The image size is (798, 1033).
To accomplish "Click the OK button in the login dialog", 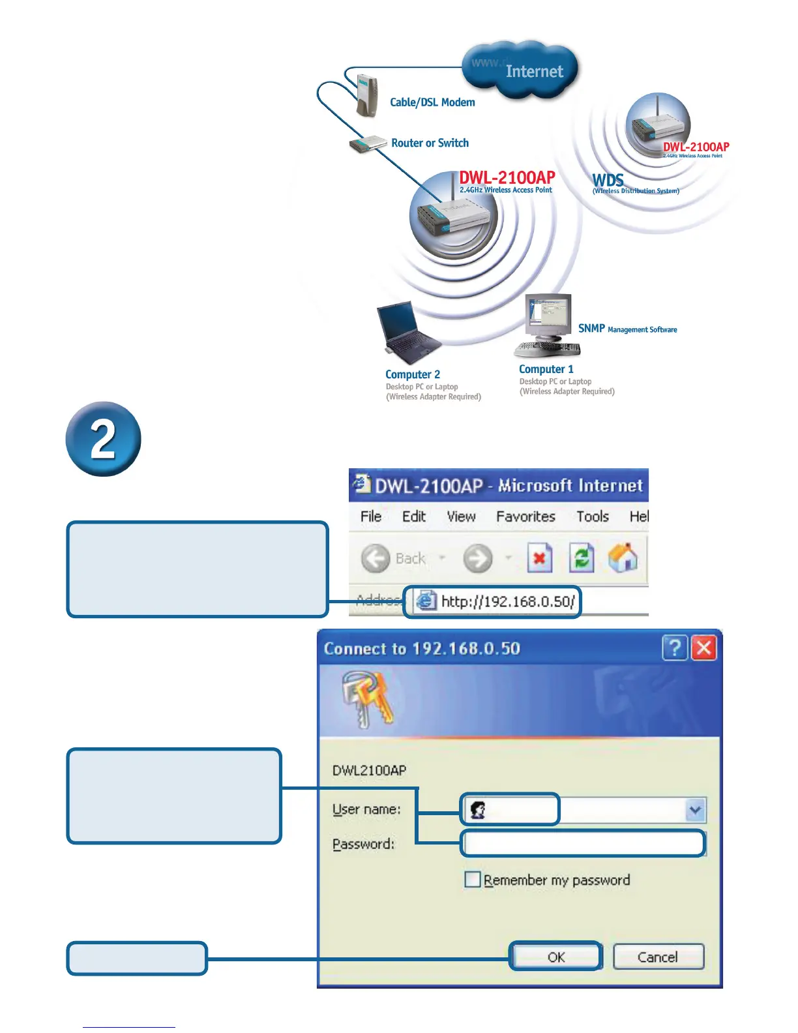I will click(x=555, y=957).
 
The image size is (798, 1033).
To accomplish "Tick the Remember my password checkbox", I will click(x=473, y=880).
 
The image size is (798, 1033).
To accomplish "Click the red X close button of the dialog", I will click(x=704, y=648).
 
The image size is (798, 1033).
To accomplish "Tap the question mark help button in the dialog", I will click(x=675, y=648).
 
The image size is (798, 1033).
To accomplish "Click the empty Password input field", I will click(x=584, y=843).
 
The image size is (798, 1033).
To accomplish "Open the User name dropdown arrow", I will click(x=696, y=810).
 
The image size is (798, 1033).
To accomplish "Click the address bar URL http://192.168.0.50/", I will click(x=507, y=601).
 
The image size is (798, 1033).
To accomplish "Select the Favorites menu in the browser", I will click(x=525, y=516).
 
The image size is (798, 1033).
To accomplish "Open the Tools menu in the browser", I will click(x=592, y=516).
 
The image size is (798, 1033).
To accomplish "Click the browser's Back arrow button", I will click(x=376, y=559).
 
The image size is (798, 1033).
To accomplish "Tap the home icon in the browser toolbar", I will click(x=623, y=558).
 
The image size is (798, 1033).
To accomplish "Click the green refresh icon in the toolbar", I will click(x=582, y=558).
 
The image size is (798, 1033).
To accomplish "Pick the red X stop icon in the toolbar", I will click(x=540, y=558).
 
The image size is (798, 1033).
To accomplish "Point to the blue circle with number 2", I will click(x=104, y=439).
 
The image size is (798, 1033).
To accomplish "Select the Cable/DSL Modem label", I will click(x=432, y=102).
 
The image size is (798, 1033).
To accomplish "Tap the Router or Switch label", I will click(x=430, y=143).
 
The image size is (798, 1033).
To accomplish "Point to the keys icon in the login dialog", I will click(x=368, y=699).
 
